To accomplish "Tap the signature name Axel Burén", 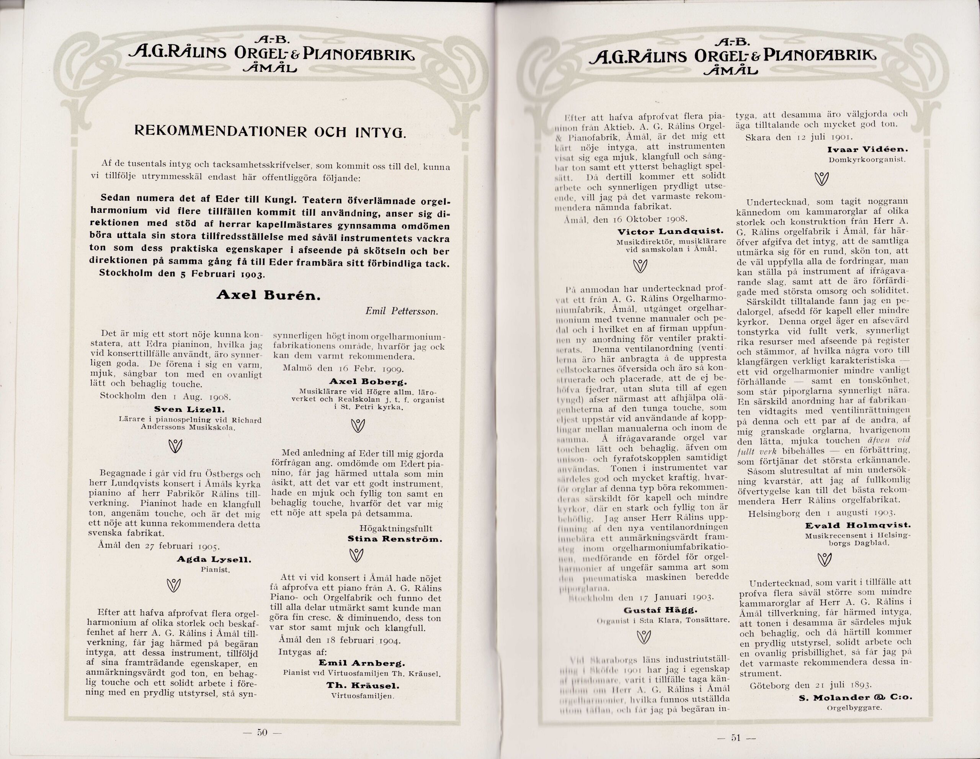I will point(268,294).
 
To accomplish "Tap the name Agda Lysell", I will point(214,560).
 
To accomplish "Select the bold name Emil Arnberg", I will point(362,663).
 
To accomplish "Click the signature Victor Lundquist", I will point(670,232).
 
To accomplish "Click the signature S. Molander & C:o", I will point(855,697).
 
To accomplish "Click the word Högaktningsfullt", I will point(396,528).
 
